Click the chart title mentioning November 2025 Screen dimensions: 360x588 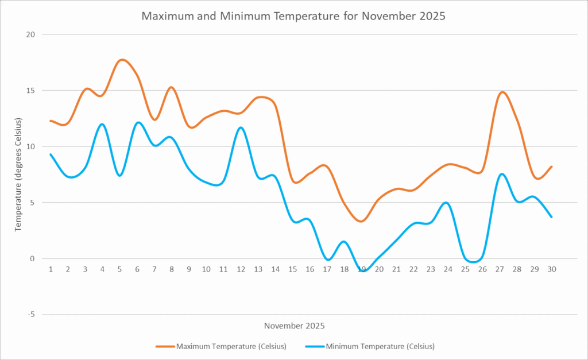click(293, 16)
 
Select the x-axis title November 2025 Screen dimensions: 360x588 click(294, 326)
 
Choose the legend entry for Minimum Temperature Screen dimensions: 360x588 click(380, 346)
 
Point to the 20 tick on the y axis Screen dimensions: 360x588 click(30, 34)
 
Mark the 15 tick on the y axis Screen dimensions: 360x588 click(30, 91)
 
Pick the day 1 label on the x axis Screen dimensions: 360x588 click(51, 269)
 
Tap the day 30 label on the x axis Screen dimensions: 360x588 click(552, 269)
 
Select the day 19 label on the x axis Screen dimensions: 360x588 click(362, 269)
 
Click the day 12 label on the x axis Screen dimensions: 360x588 click(241, 269)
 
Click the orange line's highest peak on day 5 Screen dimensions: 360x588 click(121, 60)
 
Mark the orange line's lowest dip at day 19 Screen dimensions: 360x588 click(361, 221)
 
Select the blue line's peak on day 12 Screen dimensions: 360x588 click(241, 127)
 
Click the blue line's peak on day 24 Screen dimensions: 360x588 click(447, 203)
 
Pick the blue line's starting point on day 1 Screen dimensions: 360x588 click(51, 154)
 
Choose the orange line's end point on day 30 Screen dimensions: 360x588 click(552, 167)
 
